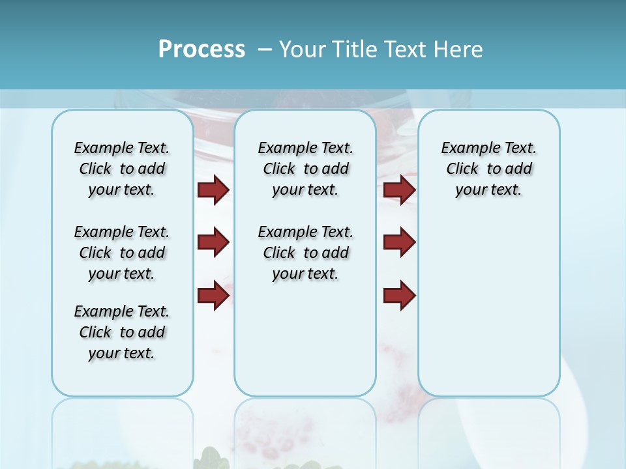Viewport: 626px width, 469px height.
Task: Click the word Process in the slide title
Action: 201,50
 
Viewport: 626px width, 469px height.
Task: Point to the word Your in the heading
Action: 302,50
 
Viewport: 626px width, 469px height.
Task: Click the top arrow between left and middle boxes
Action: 213,190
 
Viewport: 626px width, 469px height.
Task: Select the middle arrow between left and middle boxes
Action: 213,242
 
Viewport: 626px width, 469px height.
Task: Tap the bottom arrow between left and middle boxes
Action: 213,295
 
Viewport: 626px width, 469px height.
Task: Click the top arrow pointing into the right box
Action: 399,190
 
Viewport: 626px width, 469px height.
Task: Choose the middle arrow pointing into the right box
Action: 399,242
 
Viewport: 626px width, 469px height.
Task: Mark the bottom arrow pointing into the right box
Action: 399,295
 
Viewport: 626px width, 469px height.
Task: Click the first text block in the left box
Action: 122,169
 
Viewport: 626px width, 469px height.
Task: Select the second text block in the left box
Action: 122,253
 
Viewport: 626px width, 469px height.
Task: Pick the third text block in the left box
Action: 122,332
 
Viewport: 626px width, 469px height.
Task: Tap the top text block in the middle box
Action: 305,169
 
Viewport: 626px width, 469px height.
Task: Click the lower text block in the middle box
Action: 305,253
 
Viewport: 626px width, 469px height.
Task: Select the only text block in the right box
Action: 488,169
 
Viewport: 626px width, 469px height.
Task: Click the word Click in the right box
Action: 462,169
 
